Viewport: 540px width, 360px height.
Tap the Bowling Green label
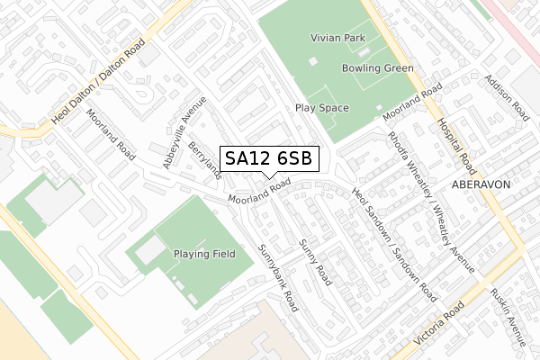377,68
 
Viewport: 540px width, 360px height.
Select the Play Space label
321,107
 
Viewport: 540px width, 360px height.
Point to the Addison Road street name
507,98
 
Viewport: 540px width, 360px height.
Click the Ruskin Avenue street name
508,317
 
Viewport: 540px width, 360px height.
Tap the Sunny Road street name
316,262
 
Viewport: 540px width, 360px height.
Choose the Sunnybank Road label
278,277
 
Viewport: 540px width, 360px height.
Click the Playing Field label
205,254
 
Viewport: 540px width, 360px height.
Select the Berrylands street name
206,160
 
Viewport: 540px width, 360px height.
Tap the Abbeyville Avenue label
177,139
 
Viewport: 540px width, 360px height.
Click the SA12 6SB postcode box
269,158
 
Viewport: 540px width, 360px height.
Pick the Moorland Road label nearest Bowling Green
411,105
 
